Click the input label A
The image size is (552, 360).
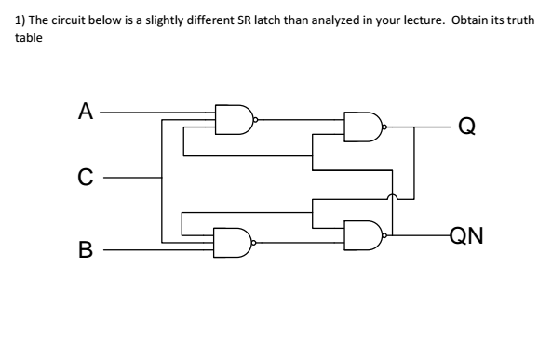point(85,113)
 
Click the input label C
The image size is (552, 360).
point(85,174)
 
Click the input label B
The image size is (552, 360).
point(85,249)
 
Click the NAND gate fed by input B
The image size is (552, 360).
point(234,242)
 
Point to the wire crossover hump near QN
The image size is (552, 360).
point(393,196)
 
